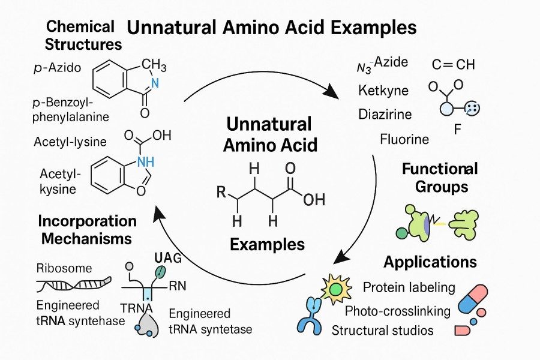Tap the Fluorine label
point(404,140)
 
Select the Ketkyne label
point(383,91)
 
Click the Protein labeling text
point(409,287)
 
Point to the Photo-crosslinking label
point(397,310)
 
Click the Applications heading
point(430,262)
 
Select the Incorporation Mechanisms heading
point(87,229)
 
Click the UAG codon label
point(169,257)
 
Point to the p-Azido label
point(57,68)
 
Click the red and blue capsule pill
point(475,299)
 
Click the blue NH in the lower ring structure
point(145,160)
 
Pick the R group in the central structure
point(221,193)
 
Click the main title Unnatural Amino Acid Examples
point(272,28)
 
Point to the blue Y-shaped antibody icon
point(310,316)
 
